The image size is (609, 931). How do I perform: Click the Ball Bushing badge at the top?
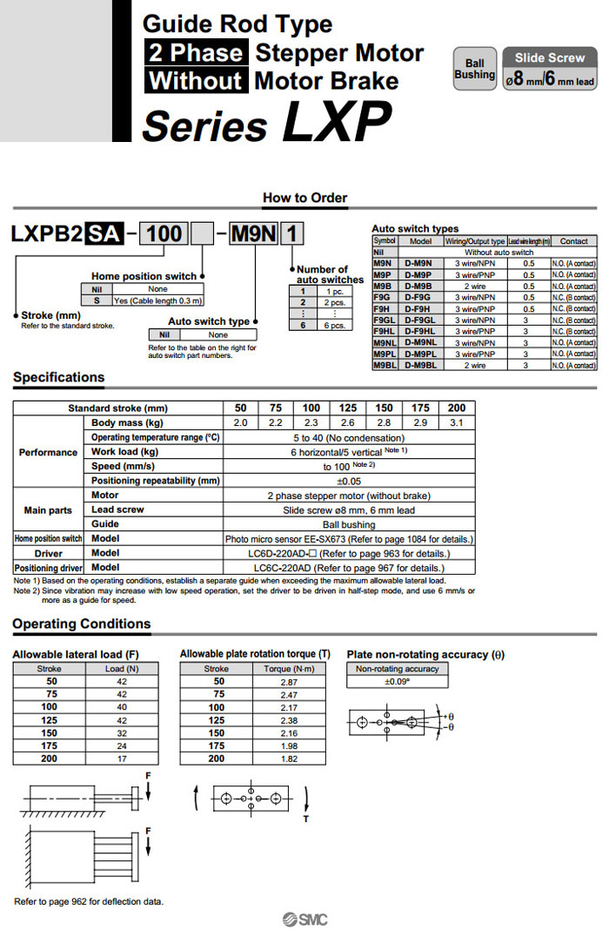point(474,69)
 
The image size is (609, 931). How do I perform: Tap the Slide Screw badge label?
point(549,57)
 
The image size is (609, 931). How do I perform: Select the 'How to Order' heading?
point(304,198)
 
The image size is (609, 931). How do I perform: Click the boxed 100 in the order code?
point(164,233)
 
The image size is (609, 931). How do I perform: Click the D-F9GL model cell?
point(420,320)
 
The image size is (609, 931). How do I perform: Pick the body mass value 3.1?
point(456,422)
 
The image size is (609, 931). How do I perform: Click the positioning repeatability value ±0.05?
point(348,481)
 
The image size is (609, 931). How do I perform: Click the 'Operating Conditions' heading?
point(81,624)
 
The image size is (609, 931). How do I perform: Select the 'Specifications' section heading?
point(58,377)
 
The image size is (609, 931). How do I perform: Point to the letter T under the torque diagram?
point(305,819)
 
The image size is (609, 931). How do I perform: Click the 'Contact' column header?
point(573,241)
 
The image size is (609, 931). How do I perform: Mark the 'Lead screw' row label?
point(117,509)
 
